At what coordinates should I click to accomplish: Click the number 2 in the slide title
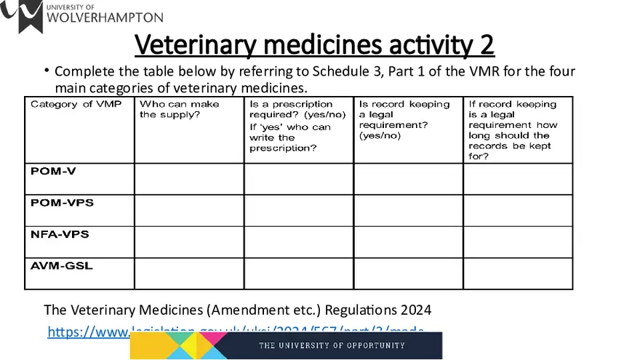[486, 45]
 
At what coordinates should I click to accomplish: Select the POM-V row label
[53, 172]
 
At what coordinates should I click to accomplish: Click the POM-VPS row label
[62, 203]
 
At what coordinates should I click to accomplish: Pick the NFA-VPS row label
[60, 234]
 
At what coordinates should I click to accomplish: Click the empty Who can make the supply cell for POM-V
[188, 179]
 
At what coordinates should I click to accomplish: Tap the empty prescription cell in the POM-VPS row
[298, 210]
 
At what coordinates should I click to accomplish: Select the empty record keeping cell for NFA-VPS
[408, 241]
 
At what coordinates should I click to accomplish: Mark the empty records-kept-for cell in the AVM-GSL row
[517, 273]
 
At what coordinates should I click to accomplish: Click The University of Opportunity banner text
[332, 345]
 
